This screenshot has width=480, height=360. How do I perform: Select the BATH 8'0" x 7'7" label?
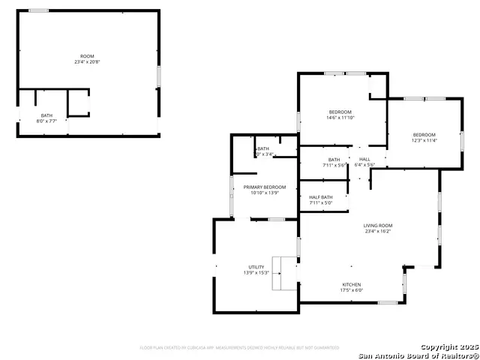(46, 115)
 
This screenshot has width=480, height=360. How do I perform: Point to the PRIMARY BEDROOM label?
(265, 187)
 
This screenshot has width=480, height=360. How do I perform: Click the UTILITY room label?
(256, 267)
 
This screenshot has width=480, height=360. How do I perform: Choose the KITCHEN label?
(352, 285)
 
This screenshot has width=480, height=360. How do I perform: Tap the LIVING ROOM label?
(378, 226)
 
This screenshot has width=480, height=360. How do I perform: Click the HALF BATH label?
(321, 197)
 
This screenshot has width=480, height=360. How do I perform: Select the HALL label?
(364, 159)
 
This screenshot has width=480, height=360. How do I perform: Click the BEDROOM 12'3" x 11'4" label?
(424, 134)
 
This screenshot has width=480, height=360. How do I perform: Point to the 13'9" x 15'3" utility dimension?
(256, 273)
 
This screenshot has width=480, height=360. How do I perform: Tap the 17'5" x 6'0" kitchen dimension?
(352, 290)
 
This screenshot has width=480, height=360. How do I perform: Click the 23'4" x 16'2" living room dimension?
(378, 232)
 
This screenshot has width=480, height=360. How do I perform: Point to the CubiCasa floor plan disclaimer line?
(239, 348)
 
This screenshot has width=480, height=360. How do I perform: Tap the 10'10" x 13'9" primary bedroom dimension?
(265, 193)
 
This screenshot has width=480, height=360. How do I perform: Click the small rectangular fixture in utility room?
(284, 273)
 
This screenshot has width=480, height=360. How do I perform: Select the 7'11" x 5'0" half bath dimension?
(321, 203)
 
